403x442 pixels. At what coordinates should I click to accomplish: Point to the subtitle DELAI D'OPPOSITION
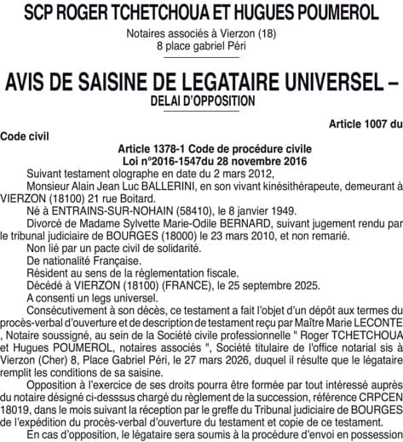(x=201, y=100)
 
